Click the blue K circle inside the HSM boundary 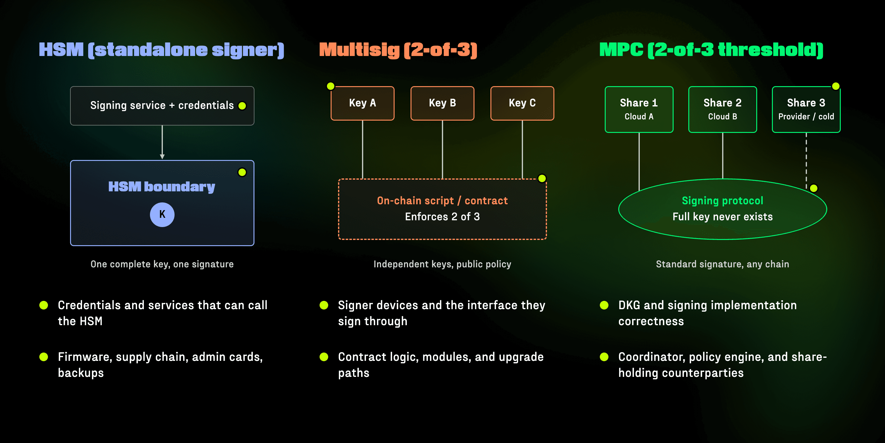162,214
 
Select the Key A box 363,103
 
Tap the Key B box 442,103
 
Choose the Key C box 522,103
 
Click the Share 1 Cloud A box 639,110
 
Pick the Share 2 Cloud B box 722,110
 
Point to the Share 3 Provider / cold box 806,110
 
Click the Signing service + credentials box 162,106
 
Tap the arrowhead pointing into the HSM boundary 162,157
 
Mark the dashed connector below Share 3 806,160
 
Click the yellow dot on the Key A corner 331,86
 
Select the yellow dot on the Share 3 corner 836,86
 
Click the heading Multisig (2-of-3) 398,50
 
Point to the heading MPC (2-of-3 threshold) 711,50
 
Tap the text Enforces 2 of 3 442,217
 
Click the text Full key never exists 722,217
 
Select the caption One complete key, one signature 162,264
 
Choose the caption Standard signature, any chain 722,264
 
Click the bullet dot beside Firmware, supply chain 44,357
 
